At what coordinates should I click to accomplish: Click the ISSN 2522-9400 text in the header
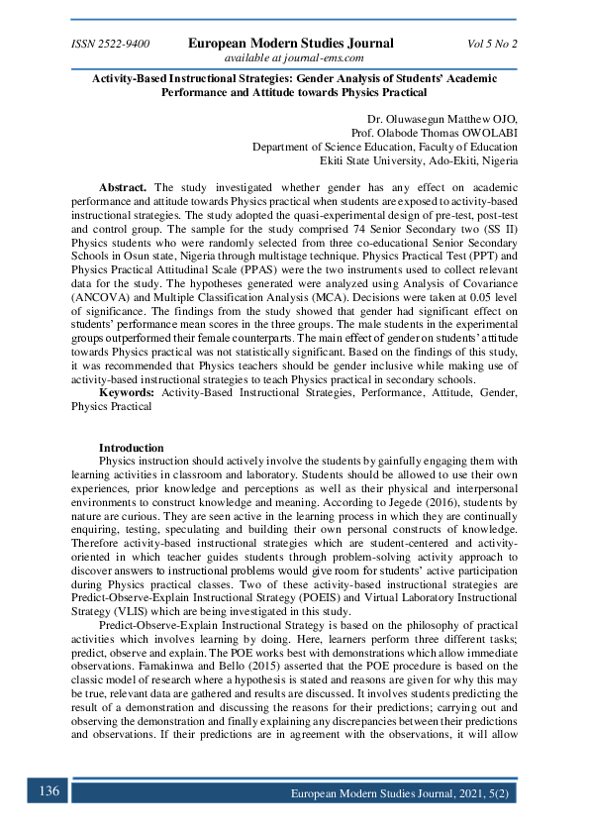pyautogui.click(x=111, y=44)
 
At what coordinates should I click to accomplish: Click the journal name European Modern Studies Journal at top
pyautogui.click(x=291, y=43)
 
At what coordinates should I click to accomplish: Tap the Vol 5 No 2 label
pyautogui.click(x=492, y=44)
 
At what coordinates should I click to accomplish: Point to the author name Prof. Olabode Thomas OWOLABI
pyautogui.click(x=435, y=133)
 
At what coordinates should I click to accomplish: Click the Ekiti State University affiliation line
pyautogui.click(x=418, y=160)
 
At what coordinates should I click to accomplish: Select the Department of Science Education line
pyautogui.click(x=384, y=147)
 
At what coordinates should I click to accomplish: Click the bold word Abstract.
pyautogui.click(x=123, y=187)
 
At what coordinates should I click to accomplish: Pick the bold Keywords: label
pyautogui.click(x=127, y=393)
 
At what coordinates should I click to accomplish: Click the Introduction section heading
pyautogui.click(x=132, y=448)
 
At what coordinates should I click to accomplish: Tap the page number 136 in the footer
pyautogui.click(x=49, y=790)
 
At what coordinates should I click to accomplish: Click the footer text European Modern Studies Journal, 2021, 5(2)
pyautogui.click(x=400, y=794)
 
